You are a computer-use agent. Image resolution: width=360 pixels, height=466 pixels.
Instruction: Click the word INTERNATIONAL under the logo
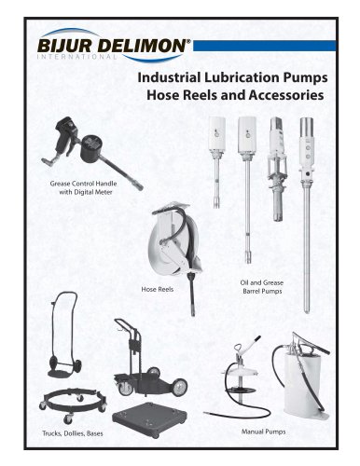pos(76,57)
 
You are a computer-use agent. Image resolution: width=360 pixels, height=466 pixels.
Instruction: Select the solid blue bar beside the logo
pos(265,46)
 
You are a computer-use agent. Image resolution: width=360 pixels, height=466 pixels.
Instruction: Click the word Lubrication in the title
pos(242,77)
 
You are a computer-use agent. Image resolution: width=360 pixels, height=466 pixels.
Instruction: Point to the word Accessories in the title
pos(286,95)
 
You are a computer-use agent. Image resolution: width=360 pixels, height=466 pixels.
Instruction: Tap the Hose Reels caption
pos(158,289)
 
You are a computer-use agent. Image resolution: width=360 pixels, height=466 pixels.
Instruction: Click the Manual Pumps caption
pos(263,432)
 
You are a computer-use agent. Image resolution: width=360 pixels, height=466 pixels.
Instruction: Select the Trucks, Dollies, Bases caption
pos(73,433)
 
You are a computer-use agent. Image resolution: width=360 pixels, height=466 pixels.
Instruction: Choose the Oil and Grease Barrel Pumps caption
pos(262,287)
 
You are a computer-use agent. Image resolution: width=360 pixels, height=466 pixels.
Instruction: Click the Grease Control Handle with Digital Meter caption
pos(83,187)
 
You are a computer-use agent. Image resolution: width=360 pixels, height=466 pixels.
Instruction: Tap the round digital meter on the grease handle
pos(90,149)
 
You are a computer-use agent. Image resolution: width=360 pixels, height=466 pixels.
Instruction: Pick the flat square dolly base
pos(149,419)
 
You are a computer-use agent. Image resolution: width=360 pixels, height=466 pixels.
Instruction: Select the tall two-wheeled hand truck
pos(64,335)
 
